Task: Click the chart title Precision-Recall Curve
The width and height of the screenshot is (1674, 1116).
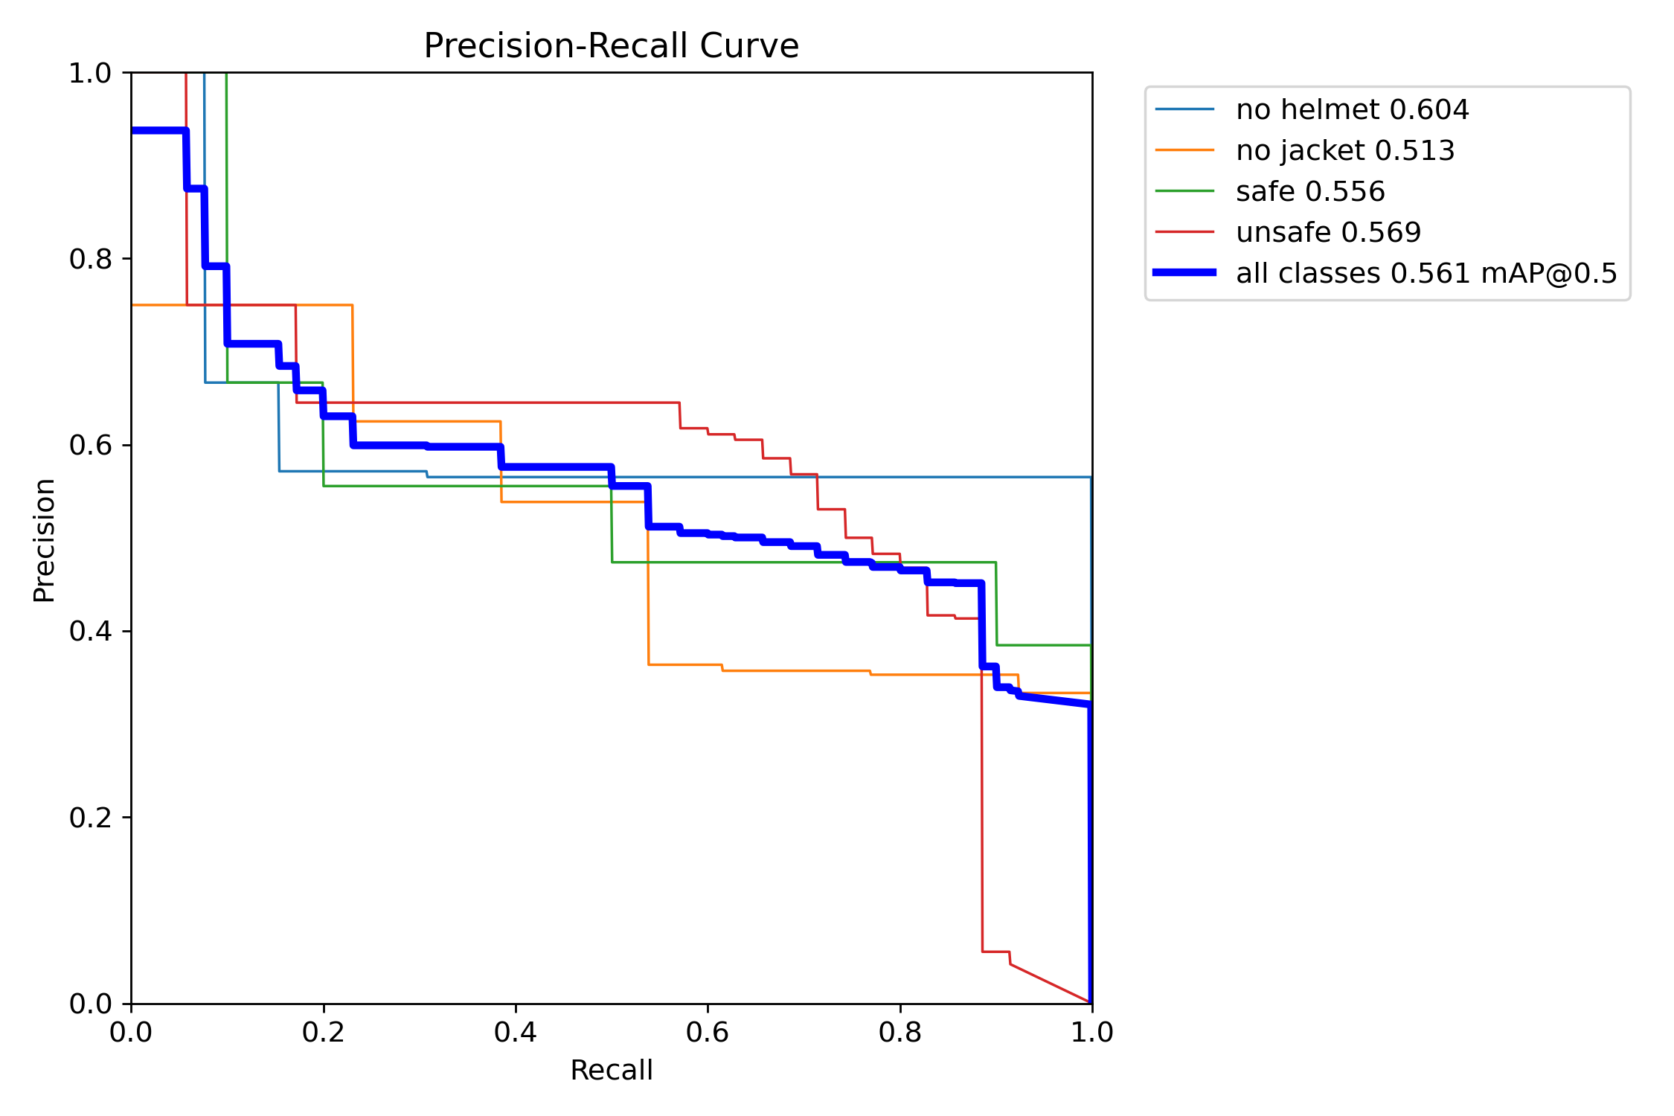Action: pyautogui.click(x=611, y=46)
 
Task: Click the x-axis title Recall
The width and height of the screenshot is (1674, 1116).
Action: pyautogui.click(x=611, y=1071)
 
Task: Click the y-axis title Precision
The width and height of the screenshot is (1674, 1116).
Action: pyautogui.click(x=44, y=540)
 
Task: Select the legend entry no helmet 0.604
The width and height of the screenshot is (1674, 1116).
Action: pyautogui.click(x=1352, y=110)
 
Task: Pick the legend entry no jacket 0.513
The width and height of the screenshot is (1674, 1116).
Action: pyautogui.click(x=1344, y=151)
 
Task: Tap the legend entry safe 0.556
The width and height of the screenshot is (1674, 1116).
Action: pyautogui.click(x=1310, y=192)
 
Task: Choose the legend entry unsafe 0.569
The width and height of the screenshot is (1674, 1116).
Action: pyautogui.click(x=1328, y=233)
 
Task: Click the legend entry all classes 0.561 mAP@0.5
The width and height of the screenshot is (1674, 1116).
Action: pyautogui.click(x=1426, y=274)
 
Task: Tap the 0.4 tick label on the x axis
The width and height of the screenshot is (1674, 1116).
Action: pyautogui.click(x=516, y=1033)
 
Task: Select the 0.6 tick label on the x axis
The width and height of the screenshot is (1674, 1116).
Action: pyautogui.click(x=708, y=1033)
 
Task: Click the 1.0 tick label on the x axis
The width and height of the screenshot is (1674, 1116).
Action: pyautogui.click(x=1091, y=1033)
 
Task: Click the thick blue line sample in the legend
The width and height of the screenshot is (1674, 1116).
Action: pyautogui.click(x=1184, y=273)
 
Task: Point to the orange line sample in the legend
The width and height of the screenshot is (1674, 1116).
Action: pyautogui.click(x=1184, y=150)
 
